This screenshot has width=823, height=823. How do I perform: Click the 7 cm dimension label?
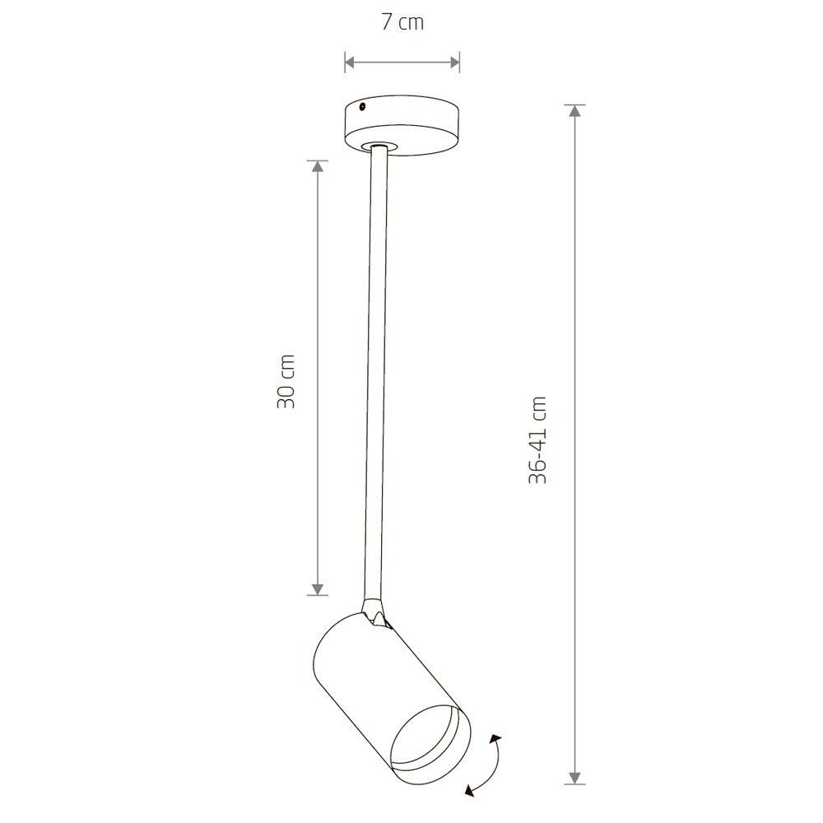(x=402, y=22)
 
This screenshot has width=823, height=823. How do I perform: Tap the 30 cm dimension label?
(x=286, y=381)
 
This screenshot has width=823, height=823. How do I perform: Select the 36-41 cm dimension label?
(x=538, y=439)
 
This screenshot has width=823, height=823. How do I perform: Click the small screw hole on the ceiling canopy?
(x=362, y=108)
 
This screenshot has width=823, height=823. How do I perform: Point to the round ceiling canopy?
(x=402, y=125)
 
